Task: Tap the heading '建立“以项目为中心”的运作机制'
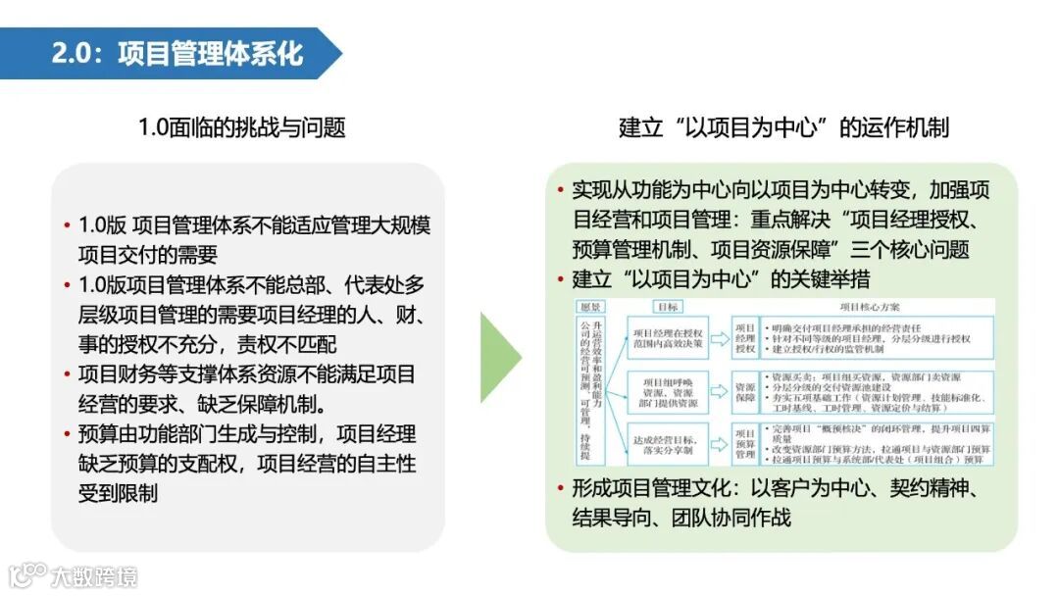coord(783,127)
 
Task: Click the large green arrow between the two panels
coord(500,358)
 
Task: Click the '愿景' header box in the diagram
coord(590,307)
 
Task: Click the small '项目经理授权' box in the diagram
coord(745,338)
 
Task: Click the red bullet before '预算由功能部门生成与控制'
coord(68,433)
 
